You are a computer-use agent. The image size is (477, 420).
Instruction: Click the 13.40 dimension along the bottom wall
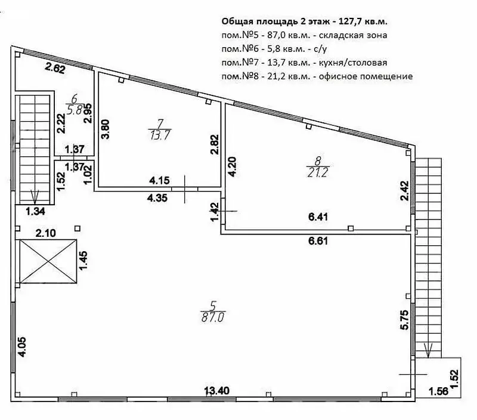point(217,391)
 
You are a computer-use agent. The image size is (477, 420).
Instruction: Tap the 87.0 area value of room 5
point(213,318)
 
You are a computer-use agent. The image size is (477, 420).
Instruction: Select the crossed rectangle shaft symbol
point(48,261)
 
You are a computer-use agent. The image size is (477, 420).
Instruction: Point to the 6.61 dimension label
point(318,241)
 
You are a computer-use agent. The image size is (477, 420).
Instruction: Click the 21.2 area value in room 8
point(318,172)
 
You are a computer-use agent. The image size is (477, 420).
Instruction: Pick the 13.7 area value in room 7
point(160,134)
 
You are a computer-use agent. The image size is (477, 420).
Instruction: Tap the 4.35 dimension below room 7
point(157,198)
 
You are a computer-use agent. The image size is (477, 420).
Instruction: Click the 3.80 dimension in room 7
point(106,129)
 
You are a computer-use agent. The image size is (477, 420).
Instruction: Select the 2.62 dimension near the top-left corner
point(55,68)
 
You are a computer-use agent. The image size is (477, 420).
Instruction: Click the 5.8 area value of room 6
point(75,110)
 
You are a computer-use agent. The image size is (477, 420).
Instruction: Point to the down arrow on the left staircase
point(35,197)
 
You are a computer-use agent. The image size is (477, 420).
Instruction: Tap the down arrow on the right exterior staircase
point(428,350)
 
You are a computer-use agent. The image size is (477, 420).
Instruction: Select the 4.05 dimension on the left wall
point(21,347)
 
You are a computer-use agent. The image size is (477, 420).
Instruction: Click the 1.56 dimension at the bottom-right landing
point(438,391)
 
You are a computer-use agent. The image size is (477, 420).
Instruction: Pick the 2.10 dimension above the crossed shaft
point(46,233)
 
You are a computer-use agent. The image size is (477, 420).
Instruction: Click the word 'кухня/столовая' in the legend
point(353,63)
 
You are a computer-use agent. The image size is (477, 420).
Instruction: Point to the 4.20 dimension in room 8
point(232,166)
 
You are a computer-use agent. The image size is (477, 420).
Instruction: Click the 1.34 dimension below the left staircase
point(36,211)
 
